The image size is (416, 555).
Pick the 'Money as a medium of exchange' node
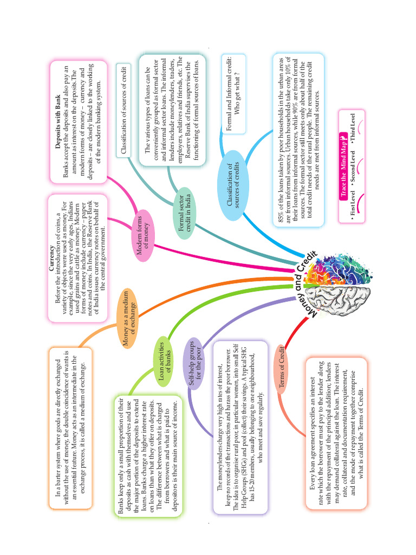(x=131, y=325)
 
